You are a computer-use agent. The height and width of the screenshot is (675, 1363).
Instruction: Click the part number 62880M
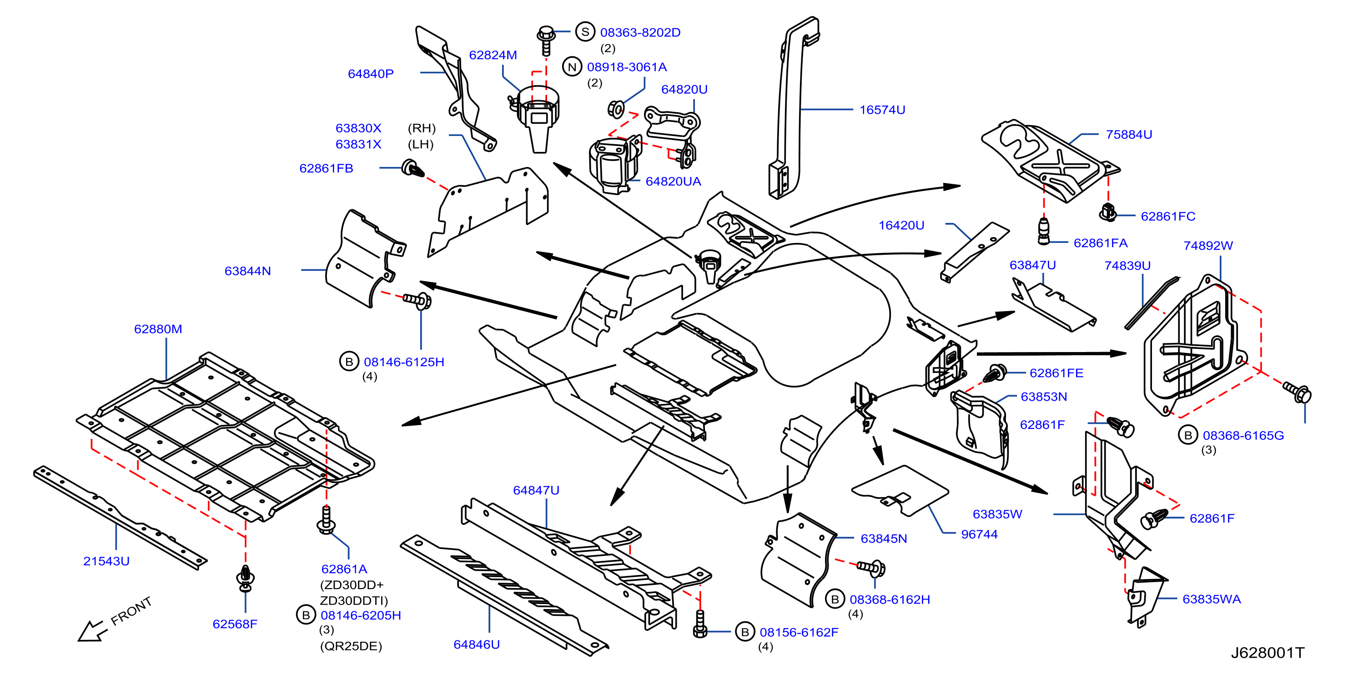(158, 329)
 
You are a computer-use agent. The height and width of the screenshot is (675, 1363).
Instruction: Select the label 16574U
(882, 110)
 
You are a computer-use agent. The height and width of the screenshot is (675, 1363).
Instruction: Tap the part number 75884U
(1129, 134)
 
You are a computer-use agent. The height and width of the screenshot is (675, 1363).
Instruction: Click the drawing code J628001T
(1267, 653)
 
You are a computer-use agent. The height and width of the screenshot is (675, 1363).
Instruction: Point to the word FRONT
(131, 611)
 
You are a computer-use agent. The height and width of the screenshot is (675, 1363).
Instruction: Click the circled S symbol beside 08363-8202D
(585, 32)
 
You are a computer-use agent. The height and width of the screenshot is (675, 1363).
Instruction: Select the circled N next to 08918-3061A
(572, 67)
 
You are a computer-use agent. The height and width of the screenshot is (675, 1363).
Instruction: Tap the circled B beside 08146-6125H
(349, 362)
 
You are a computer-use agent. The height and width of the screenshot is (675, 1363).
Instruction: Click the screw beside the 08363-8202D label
(545, 40)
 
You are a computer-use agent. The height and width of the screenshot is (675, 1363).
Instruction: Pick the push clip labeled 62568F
(246, 578)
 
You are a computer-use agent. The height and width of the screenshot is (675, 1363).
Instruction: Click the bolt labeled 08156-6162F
(699, 624)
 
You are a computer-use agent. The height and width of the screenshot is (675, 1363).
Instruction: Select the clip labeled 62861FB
(413, 169)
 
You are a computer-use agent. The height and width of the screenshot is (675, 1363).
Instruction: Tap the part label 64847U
(536, 490)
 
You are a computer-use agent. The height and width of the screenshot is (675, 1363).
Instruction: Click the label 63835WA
(1211, 599)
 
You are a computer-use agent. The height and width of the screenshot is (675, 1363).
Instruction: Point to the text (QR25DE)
(351, 646)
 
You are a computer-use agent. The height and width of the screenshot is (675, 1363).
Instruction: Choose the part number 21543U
(106, 561)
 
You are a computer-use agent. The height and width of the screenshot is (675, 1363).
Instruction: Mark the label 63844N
(247, 271)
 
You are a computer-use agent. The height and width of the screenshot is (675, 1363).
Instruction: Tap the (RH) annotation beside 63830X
(422, 128)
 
